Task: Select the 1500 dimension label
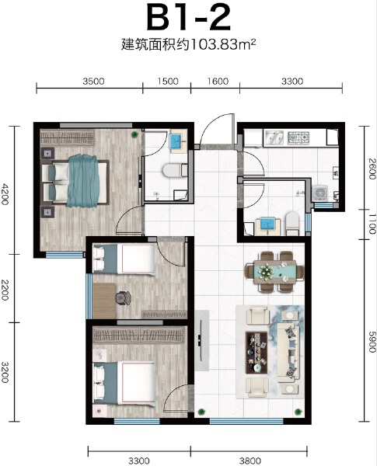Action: pyautogui.click(x=169, y=81)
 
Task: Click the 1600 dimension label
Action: pyautogui.click(x=219, y=81)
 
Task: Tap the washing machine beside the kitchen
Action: pyautogui.click(x=320, y=192)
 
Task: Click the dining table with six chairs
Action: pyautogui.click(x=274, y=270)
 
